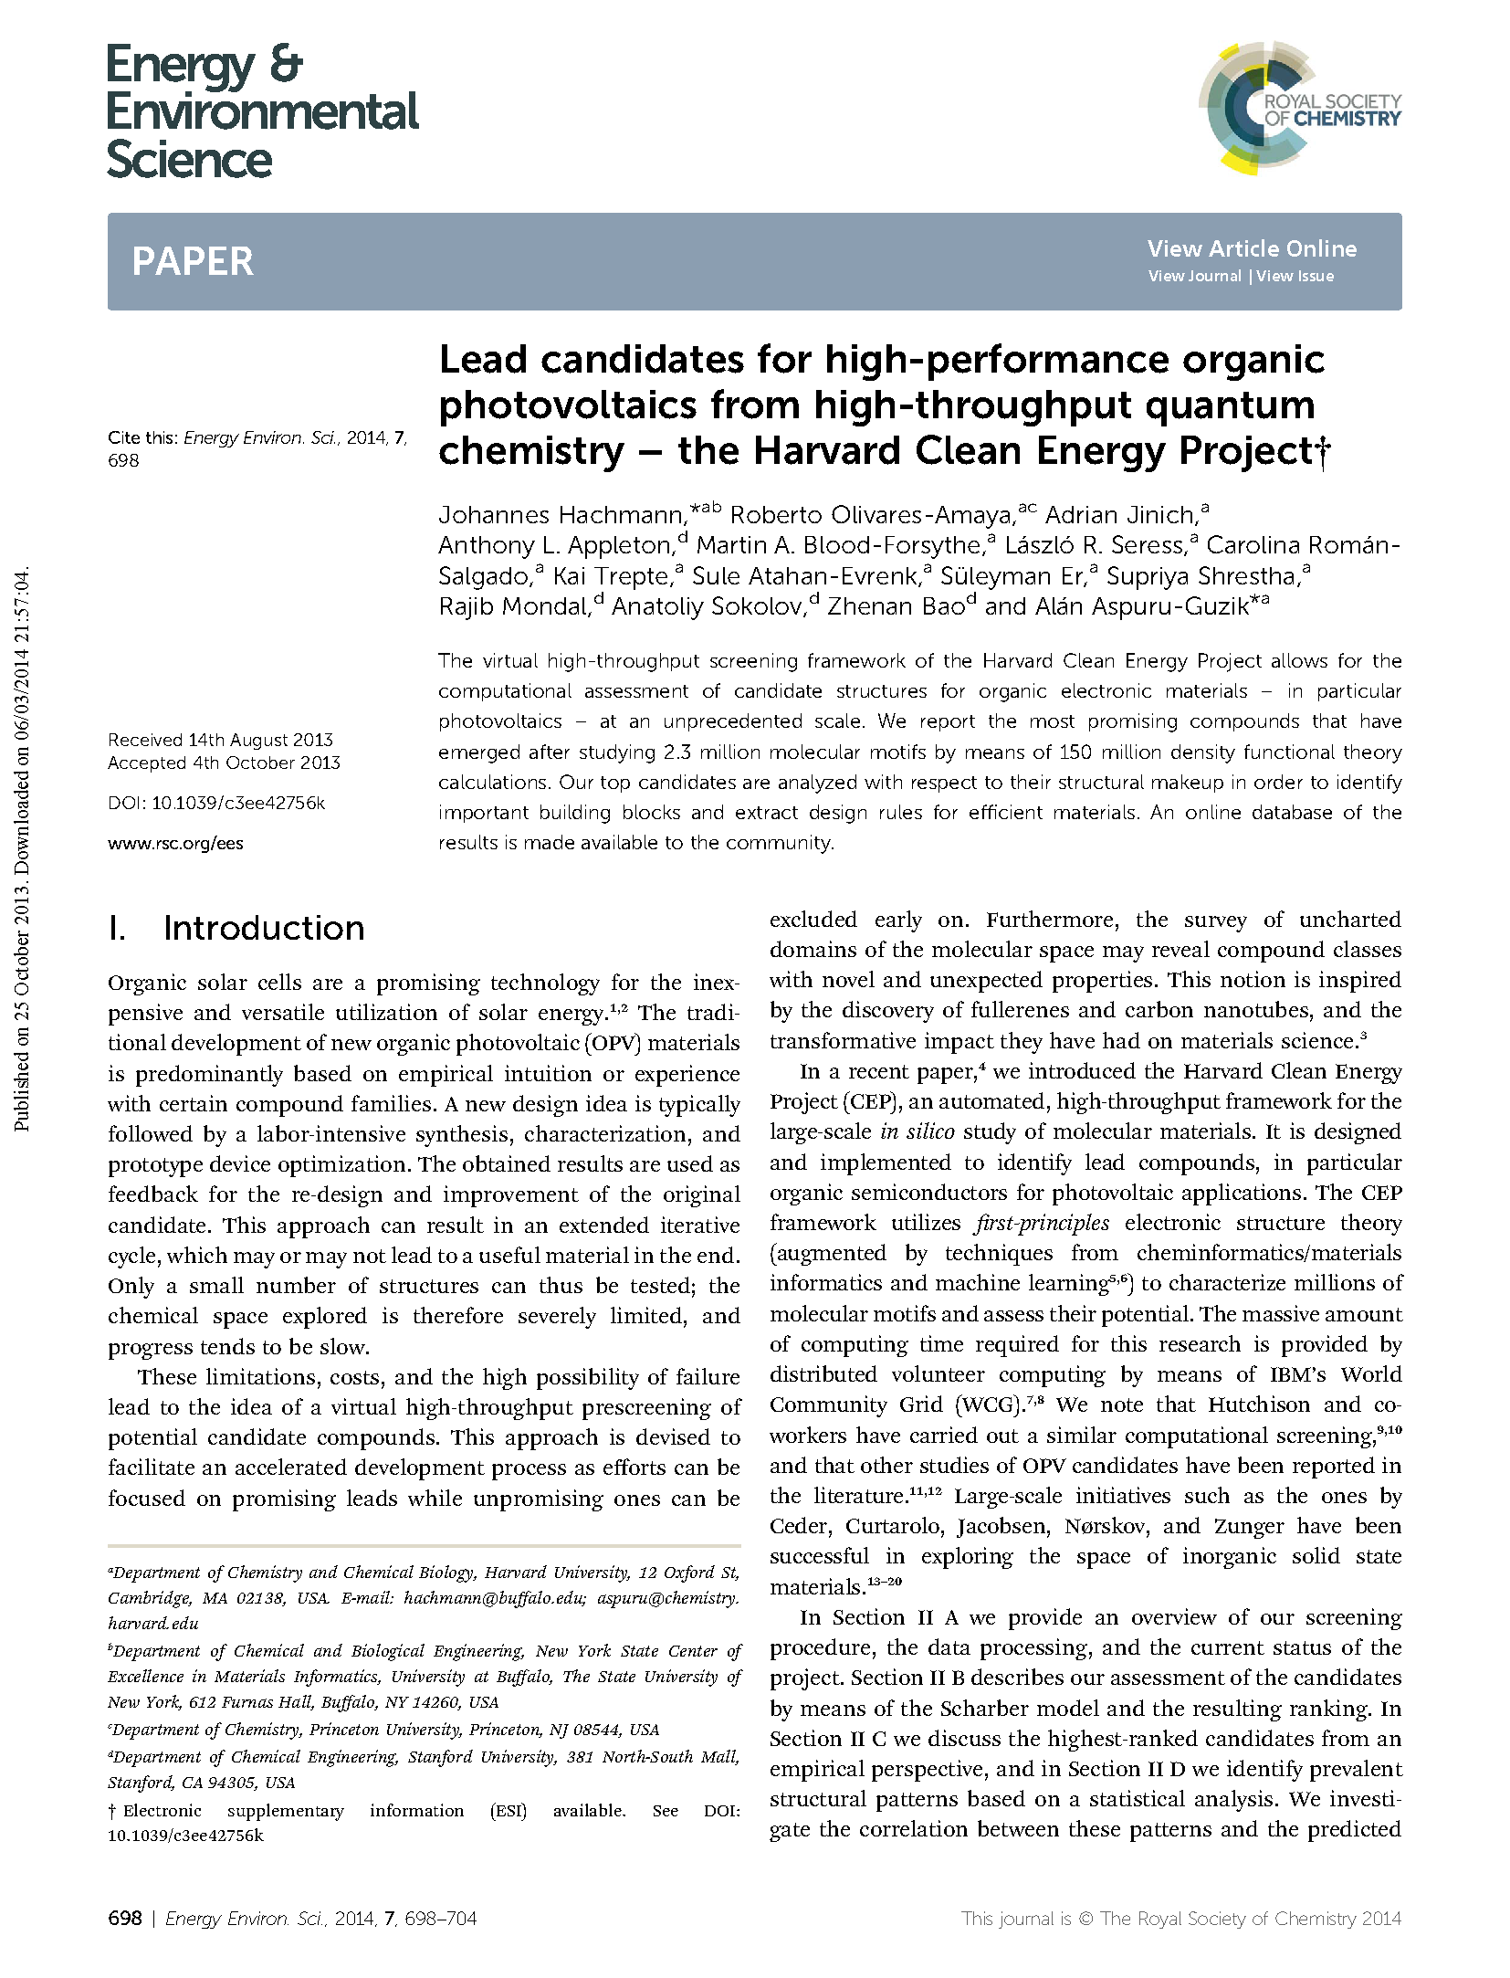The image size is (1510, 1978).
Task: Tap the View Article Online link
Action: [1252, 248]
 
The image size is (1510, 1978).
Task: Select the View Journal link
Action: [1194, 276]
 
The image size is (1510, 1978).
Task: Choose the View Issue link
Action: [1295, 276]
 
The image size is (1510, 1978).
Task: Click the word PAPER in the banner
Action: [193, 262]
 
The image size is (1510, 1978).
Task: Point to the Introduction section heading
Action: [263, 928]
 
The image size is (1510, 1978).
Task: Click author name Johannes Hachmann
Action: [561, 515]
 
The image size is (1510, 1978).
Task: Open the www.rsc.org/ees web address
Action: [175, 843]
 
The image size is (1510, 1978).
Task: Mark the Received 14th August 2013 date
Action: [220, 740]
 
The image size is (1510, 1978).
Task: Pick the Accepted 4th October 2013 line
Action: [224, 763]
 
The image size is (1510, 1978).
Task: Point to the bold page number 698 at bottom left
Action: [125, 1918]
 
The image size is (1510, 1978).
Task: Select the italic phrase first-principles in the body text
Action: [1042, 1223]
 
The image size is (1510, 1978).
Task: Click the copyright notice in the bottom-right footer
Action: [1180, 1918]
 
